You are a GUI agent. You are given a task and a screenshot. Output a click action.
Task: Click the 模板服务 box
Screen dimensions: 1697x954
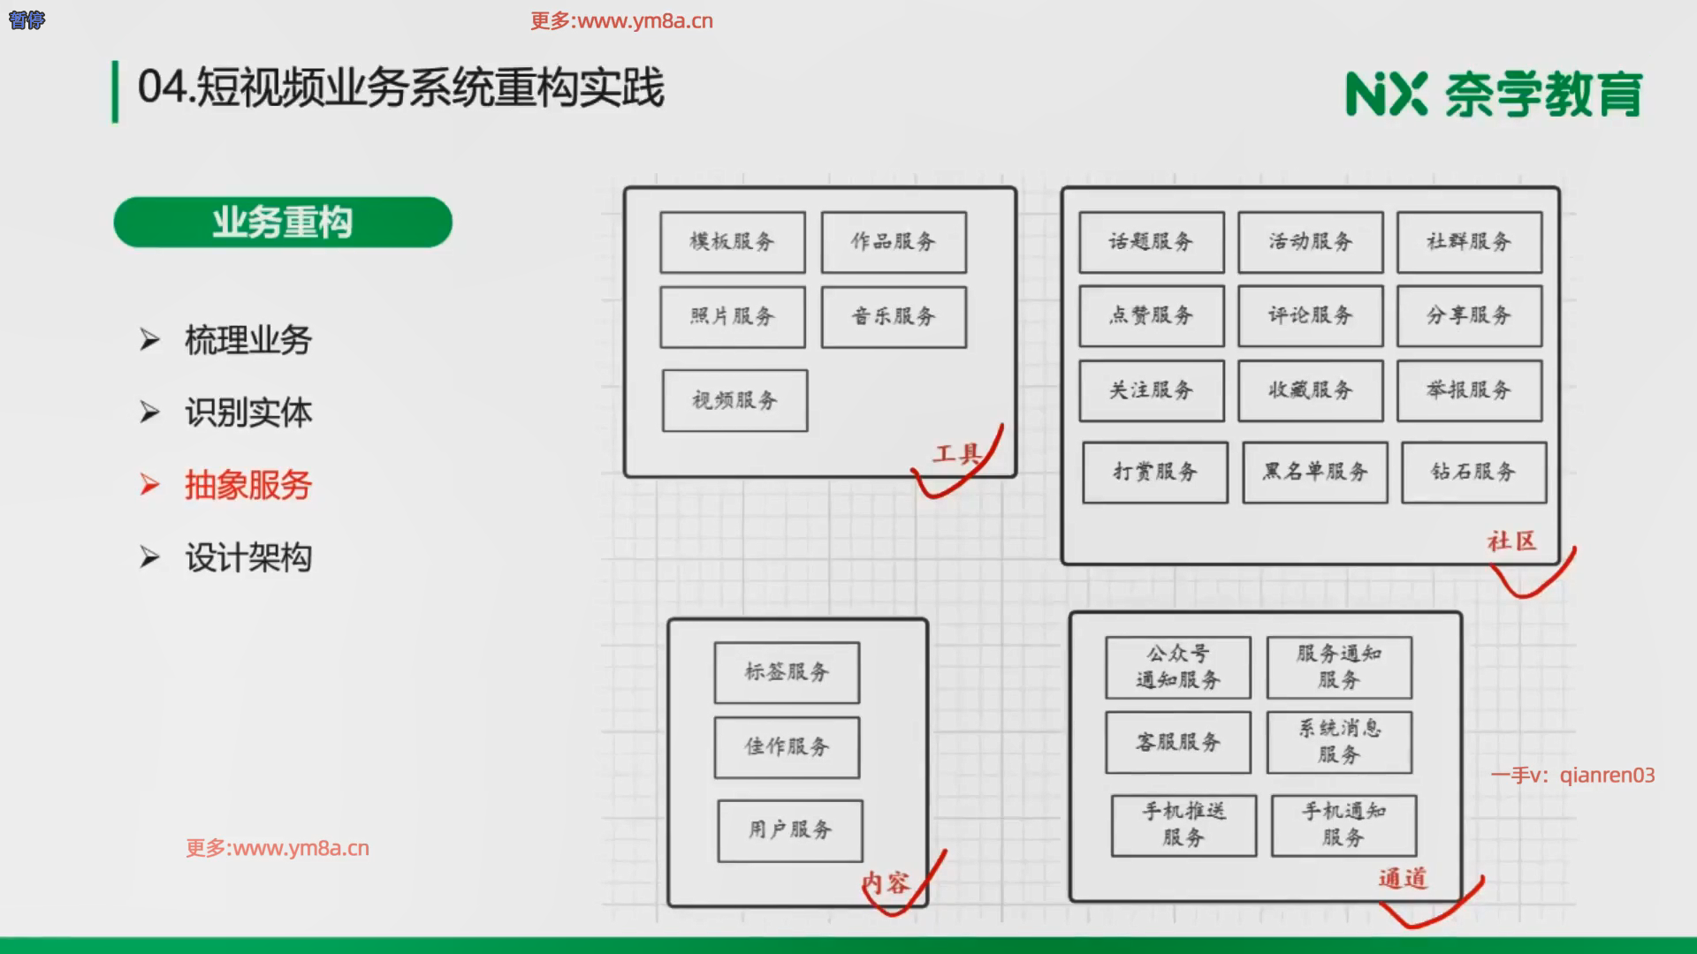pos(732,242)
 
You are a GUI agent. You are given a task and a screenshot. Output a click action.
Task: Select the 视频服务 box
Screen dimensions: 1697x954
pos(734,400)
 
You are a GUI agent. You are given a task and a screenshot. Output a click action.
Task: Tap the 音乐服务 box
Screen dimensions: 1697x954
pos(894,316)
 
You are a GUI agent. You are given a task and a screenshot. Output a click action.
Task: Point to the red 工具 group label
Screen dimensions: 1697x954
pos(956,454)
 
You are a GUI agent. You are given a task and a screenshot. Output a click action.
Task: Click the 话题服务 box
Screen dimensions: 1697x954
pos(1151,242)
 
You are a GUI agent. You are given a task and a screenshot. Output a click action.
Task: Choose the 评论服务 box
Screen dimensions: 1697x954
pos(1310,315)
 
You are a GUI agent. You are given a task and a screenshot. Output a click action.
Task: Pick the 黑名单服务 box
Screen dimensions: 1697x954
pos(1314,472)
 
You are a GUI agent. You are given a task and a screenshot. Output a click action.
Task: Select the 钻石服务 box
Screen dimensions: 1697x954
pos(1473,472)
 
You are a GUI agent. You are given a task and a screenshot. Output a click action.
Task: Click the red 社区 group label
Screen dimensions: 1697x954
pos(1511,541)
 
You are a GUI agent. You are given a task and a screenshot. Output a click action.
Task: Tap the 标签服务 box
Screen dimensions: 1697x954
pos(787,672)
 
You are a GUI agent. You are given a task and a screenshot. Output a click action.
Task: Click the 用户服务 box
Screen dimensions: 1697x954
pos(790,830)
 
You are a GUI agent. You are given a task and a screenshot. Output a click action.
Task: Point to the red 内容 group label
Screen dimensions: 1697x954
pos(886,882)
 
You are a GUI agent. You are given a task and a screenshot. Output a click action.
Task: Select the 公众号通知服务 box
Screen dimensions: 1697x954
pos(1177,667)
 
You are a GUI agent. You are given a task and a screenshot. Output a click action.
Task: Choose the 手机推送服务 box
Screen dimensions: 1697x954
pos(1183,825)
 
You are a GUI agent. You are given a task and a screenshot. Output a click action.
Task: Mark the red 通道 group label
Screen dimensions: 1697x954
pos(1403,878)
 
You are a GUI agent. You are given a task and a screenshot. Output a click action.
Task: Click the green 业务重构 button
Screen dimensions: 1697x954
pos(283,222)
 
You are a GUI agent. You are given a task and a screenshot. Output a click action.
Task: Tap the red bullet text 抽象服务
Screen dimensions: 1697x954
pos(248,485)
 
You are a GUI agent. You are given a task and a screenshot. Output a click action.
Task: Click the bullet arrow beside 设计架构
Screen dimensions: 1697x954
pos(149,557)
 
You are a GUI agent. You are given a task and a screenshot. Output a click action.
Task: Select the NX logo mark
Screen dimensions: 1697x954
pos(1385,94)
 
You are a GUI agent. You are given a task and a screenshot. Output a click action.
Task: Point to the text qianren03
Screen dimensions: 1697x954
pos(1606,776)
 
